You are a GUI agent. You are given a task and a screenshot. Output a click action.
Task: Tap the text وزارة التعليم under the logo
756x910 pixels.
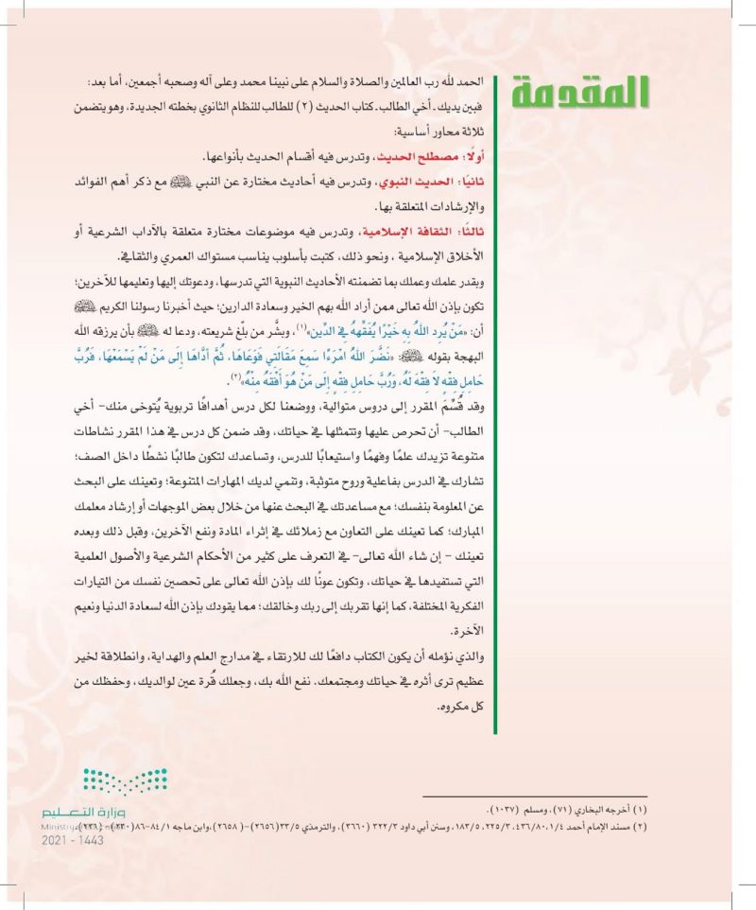[x=91, y=812]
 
